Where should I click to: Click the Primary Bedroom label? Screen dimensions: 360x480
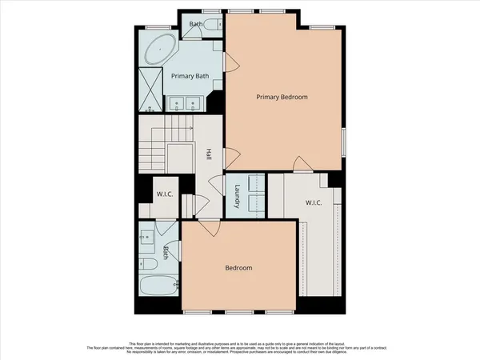tap(282, 97)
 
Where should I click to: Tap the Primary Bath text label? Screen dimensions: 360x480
tap(190, 75)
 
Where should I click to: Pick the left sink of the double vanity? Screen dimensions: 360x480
tap(177, 102)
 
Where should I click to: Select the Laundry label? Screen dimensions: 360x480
tap(238, 198)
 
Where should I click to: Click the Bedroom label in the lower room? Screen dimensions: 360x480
tap(238, 268)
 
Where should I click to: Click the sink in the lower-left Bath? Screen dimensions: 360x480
tap(146, 237)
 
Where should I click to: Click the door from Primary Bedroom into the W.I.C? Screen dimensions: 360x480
tap(298, 166)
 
